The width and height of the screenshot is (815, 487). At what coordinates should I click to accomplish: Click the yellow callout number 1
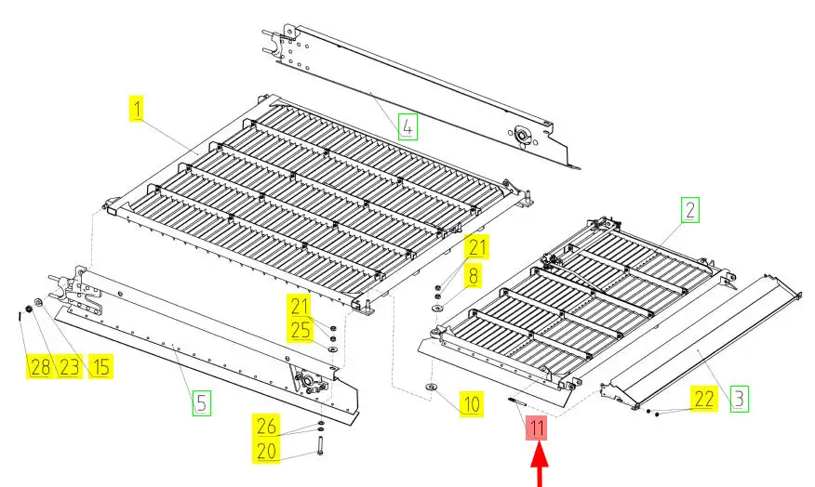coord(136,109)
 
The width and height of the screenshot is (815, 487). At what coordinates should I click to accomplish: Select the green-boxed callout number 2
coord(690,210)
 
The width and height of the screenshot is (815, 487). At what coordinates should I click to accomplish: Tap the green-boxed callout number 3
coord(739,399)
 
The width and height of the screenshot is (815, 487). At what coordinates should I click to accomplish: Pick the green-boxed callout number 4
coord(408,126)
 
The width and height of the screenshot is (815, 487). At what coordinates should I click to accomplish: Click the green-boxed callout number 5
coord(202,403)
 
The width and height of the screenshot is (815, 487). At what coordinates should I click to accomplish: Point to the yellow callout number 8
coord(473,275)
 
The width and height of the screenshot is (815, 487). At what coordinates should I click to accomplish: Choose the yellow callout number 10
coord(472,403)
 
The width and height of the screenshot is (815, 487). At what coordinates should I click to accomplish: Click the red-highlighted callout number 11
coord(537,428)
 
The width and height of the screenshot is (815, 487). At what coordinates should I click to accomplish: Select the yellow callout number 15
coord(100,366)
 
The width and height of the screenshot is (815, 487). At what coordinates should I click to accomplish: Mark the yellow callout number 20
coord(267,450)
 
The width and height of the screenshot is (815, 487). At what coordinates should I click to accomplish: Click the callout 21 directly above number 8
coord(477,247)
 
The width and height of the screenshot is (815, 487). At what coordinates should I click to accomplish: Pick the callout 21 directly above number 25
coord(300,306)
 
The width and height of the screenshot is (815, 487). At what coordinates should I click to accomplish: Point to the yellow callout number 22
coord(704,399)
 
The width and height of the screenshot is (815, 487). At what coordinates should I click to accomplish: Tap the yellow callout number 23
coord(69,366)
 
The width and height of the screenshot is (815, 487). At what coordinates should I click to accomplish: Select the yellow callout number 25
coord(301,330)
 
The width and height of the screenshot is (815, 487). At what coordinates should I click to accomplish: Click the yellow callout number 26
coord(267,426)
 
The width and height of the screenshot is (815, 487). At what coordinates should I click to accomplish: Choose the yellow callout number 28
coord(40,366)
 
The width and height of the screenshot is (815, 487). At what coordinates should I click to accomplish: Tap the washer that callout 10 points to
coord(432,387)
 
